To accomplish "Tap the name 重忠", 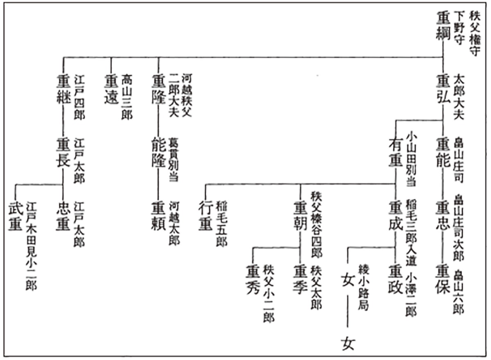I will (443, 213).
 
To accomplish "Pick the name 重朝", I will (301, 213).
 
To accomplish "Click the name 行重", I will (206, 213).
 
